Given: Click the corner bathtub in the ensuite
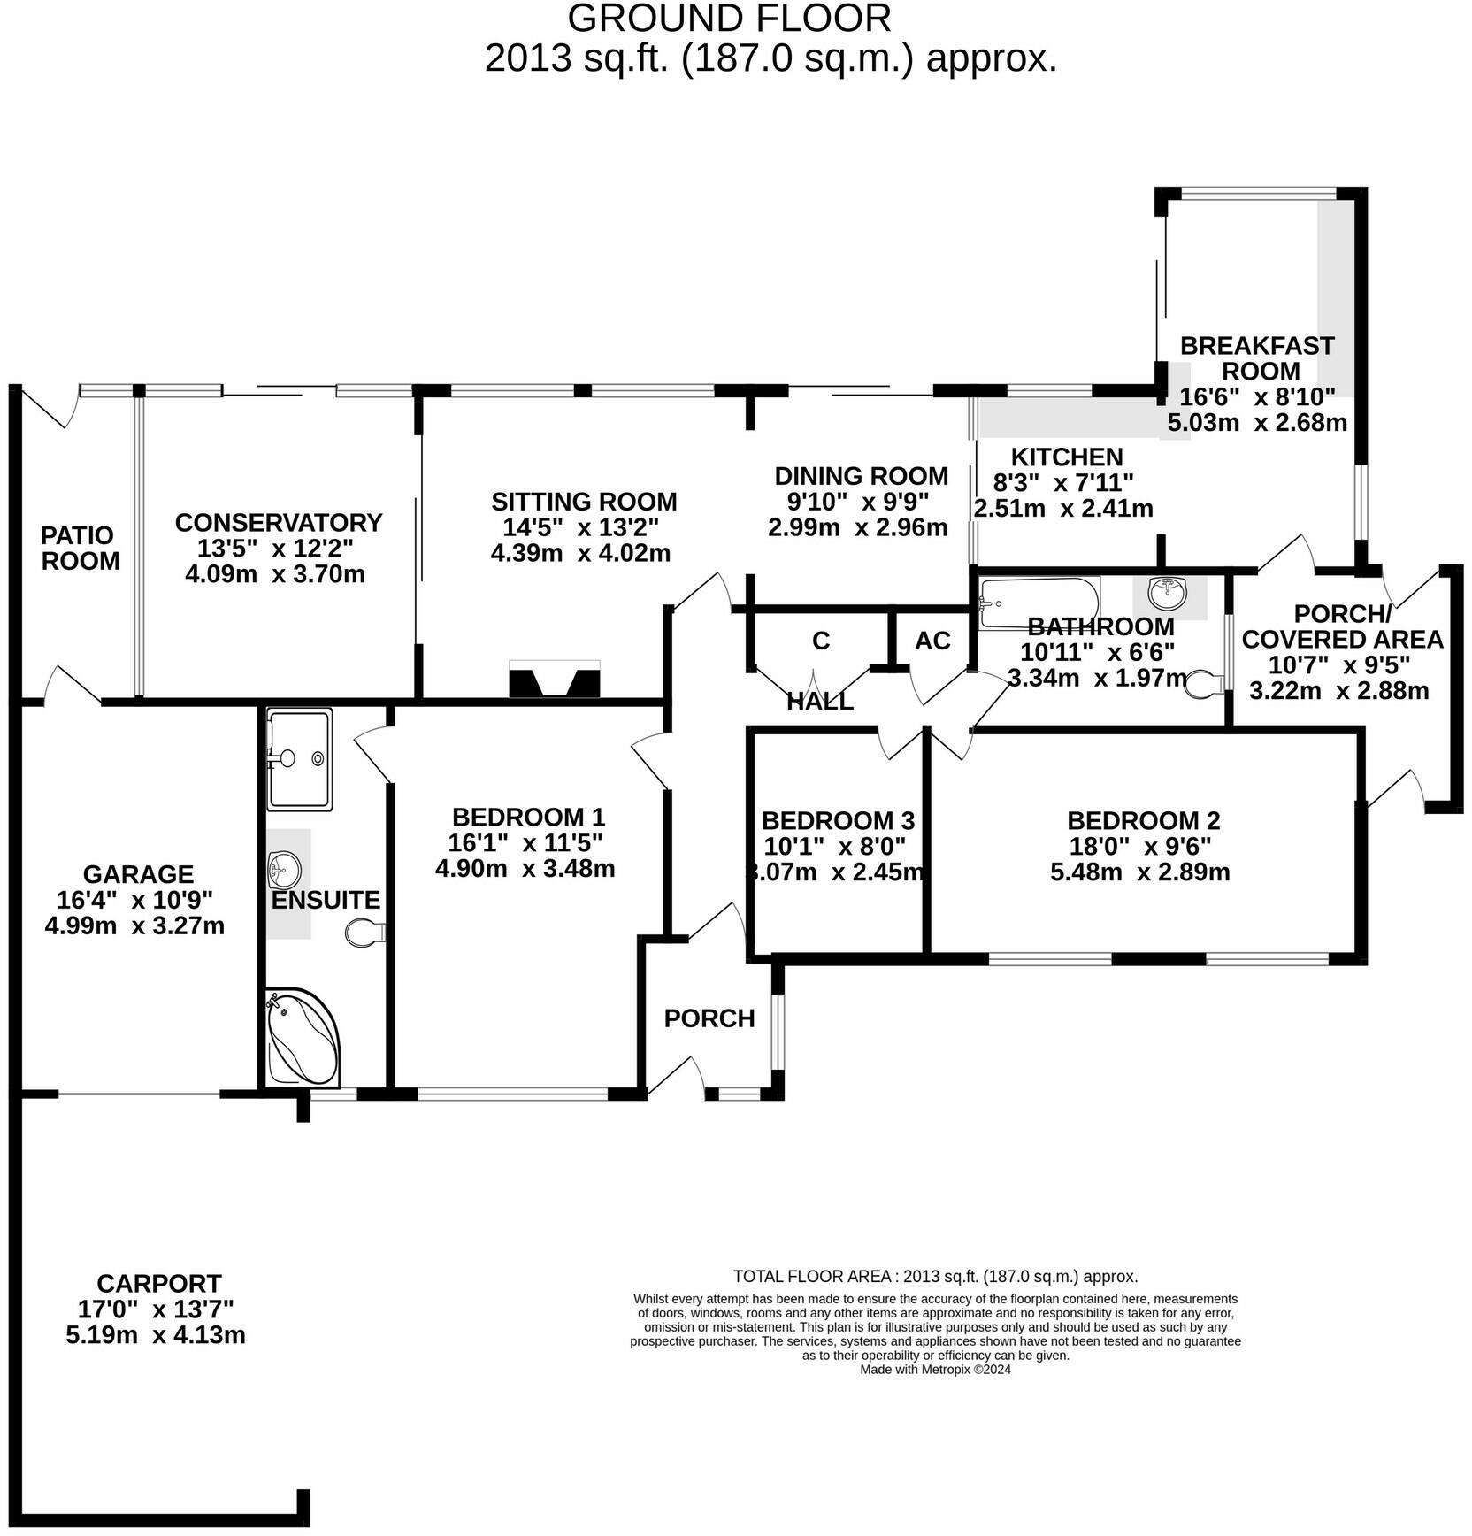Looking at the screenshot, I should pos(301,1037).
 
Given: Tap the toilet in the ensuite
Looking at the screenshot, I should pos(364,933).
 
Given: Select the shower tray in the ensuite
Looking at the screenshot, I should pos(299,759).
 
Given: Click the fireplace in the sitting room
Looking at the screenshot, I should pos(555,680).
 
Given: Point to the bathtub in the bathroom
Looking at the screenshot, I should pos(1039,603).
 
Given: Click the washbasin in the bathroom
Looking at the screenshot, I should pos(1170,593).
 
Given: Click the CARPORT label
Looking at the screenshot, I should pos(158,1283).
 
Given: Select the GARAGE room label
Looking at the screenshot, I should pos(138,874).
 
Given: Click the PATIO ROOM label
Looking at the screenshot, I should pos(80,548).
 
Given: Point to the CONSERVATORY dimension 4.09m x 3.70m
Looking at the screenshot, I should pos(275,574).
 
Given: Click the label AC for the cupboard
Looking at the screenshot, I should pos(932,641).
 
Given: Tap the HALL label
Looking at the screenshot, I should pos(820,702).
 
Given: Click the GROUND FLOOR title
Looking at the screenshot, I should pos(729,19).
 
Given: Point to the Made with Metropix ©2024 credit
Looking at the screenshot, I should pos(935,1370).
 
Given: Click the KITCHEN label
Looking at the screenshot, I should pos(1067,457).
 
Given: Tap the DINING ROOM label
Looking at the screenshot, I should pos(861,476).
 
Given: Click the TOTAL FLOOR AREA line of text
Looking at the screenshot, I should pos(935,1277).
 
